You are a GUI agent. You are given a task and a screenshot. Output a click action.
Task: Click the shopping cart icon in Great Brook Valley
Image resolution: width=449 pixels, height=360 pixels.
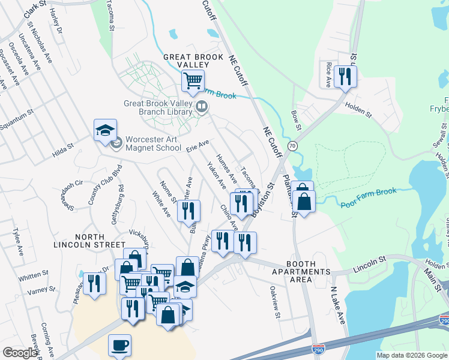[193, 80]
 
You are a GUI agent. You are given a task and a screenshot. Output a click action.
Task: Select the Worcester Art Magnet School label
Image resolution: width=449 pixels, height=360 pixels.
[152, 143]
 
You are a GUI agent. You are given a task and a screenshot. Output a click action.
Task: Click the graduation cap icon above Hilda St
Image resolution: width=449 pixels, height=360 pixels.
[105, 130]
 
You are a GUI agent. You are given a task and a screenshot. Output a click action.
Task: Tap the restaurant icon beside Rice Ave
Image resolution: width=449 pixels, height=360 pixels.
[345, 76]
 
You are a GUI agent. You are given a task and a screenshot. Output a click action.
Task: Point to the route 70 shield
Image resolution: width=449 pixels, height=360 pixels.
[292, 146]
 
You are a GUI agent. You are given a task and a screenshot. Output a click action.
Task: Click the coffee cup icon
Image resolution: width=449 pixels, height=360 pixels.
[119, 345]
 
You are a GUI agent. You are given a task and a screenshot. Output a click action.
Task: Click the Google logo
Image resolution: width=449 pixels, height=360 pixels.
[20, 353]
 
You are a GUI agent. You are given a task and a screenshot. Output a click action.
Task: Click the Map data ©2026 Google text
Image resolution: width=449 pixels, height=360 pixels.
[412, 355]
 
